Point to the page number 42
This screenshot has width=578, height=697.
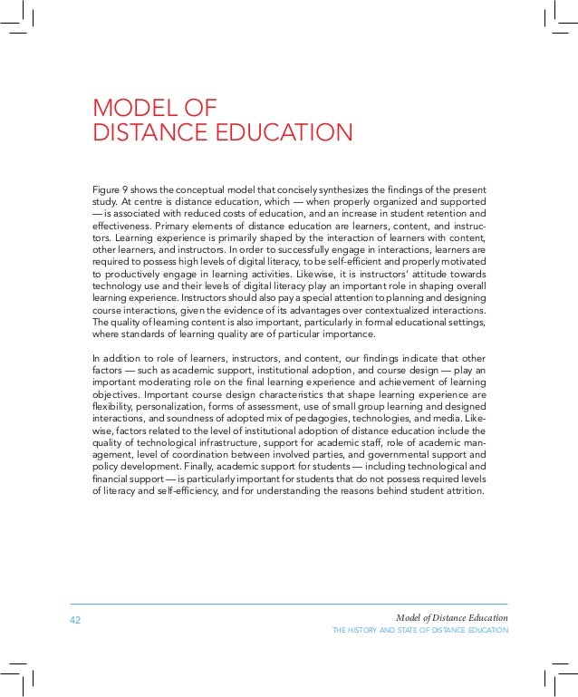click(x=75, y=620)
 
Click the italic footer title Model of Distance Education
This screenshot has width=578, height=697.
click(x=452, y=618)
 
